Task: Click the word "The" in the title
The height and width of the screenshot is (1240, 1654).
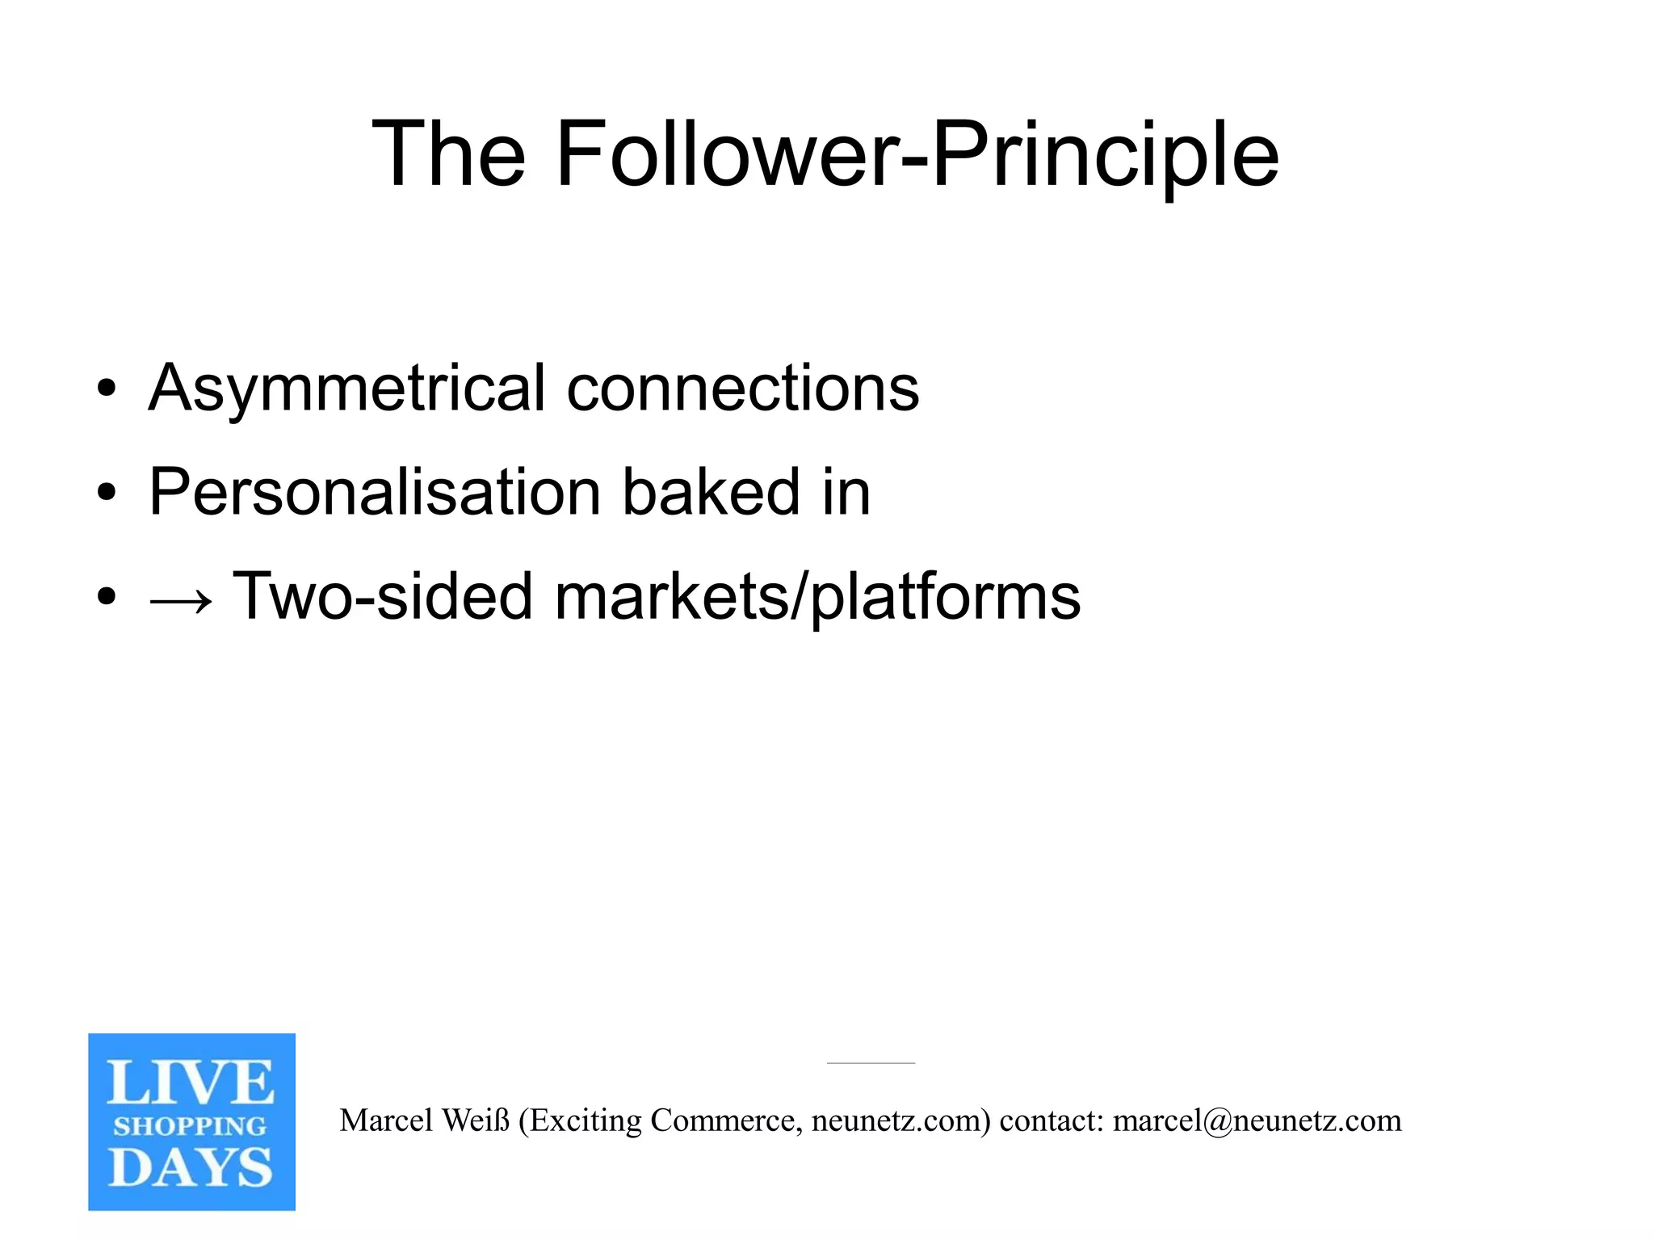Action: point(448,153)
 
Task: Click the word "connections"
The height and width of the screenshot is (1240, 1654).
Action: point(742,388)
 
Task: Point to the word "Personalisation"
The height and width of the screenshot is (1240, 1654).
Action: point(375,493)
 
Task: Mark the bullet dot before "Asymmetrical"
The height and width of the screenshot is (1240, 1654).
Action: point(106,389)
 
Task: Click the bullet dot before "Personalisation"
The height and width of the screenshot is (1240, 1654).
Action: point(106,492)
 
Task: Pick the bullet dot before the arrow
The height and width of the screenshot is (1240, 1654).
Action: point(106,597)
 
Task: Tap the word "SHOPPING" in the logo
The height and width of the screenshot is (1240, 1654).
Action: point(191,1126)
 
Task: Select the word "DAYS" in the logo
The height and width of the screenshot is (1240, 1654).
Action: point(191,1167)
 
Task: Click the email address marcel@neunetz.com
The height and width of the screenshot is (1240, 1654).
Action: point(1257,1121)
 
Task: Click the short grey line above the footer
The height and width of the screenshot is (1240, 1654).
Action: point(871,1063)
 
